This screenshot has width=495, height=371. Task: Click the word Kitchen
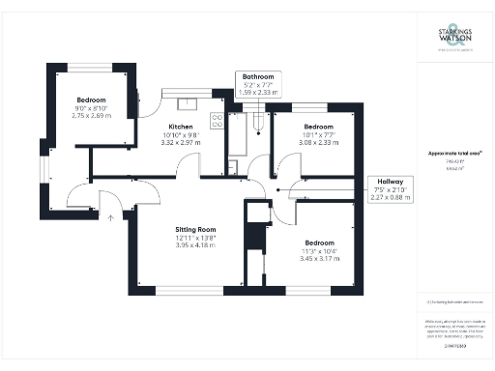pyautogui.click(x=181, y=127)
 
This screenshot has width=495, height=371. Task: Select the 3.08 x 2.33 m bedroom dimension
pyautogui.click(x=318, y=142)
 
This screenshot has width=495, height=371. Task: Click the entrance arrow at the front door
pyautogui.click(x=110, y=217)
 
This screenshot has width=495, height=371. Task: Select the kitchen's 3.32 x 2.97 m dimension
pyautogui.click(x=181, y=143)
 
